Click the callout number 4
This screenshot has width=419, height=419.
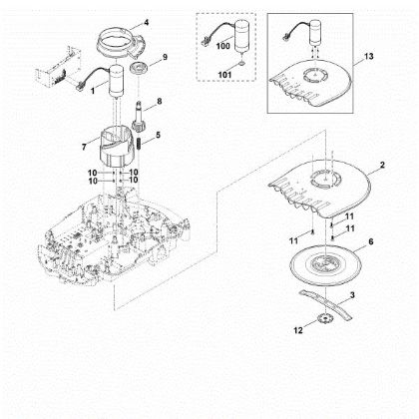(146, 23)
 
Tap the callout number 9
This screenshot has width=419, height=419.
(165, 57)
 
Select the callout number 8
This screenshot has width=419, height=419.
(160, 101)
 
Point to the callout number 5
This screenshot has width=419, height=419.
(158, 135)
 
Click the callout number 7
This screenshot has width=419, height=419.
(84, 147)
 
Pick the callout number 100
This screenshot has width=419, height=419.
(222, 46)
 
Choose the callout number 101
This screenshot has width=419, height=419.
(224, 75)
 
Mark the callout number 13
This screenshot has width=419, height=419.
(369, 56)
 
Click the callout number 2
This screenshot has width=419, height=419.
(382, 165)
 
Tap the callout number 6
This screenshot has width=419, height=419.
(371, 241)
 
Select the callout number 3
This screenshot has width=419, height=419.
(352, 295)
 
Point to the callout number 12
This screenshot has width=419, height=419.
(298, 330)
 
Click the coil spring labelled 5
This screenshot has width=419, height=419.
(141, 144)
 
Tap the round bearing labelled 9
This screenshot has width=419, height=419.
(138, 70)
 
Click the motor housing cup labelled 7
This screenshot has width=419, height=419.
(116, 147)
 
